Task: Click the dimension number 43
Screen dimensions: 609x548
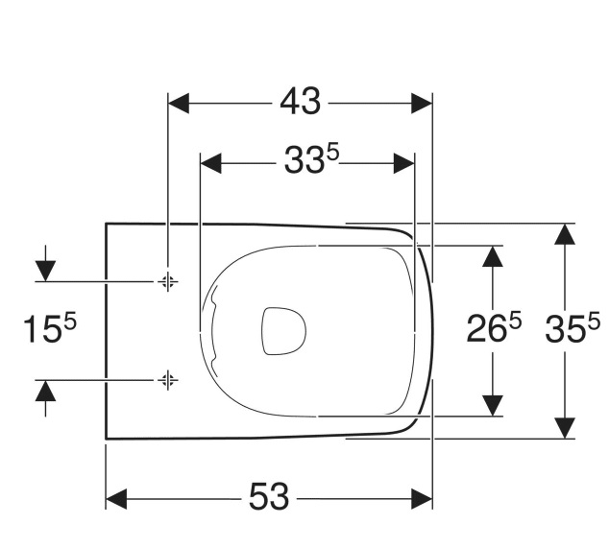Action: pos(301,102)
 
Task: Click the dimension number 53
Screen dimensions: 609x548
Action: pos(269,496)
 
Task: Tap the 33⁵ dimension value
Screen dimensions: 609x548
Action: pos(312,159)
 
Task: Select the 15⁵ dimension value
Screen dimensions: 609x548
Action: pos(50,328)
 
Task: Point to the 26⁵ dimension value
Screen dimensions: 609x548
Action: pos(494,328)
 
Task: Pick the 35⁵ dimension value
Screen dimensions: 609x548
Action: pos(572,328)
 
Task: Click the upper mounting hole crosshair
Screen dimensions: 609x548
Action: pos(168,281)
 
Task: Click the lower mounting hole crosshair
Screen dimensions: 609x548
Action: pos(168,380)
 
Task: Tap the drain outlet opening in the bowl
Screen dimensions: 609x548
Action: pos(283,331)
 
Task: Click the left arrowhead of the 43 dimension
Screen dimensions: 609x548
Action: pos(179,104)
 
